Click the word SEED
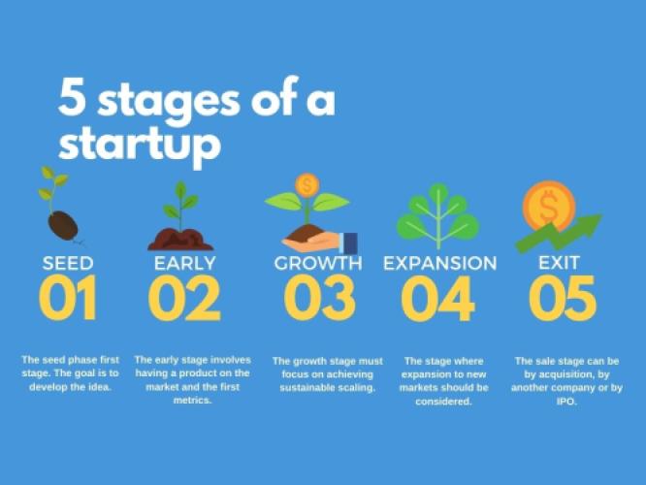(x=68, y=263)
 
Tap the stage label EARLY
(x=185, y=263)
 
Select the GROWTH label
(x=318, y=263)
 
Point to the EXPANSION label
(x=440, y=263)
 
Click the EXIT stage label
(x=559, y=263)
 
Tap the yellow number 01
(x=68, y=298)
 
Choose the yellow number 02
(x=184, y=298)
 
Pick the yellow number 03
(x=320, y=298)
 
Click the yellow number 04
(x=437, y=299)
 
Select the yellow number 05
(x=563, y=298)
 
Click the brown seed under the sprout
(x=63, y=225)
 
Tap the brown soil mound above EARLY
(x=180, y=240)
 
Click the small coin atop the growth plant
(x=307, y=185)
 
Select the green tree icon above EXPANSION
(x=438, y=215)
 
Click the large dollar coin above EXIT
(x=549, y=206)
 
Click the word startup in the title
(x=140, y=145)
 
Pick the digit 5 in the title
(x=72, y=98)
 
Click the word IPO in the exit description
(x=566, y=402)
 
